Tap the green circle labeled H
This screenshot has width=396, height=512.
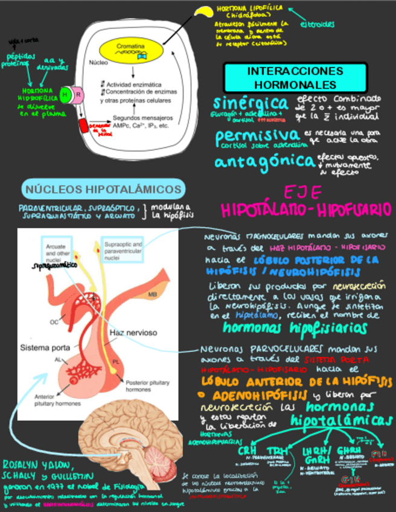[66, 94]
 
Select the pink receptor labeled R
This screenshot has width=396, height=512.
[77, 94]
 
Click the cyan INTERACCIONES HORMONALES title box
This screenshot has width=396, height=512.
[287, 77]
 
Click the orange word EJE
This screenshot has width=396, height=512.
[304, 192]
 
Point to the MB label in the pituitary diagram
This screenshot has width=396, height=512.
[153, 294]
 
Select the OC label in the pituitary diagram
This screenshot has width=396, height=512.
[54, 321]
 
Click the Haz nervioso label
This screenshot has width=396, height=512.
[133, 333]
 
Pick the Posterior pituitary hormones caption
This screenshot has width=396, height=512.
[145, 386]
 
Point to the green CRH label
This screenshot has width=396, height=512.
[247, 450]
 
